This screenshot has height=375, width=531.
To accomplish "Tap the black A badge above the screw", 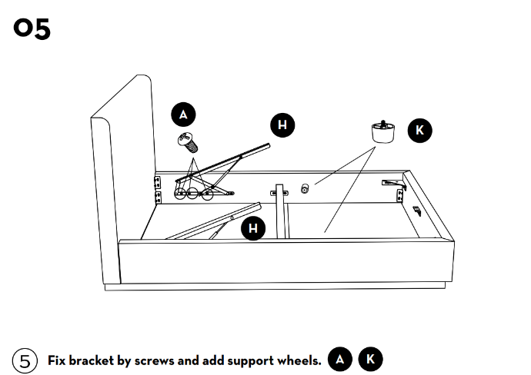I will (x=182, y=114).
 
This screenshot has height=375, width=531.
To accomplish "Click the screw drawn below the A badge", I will (x=187, y=141).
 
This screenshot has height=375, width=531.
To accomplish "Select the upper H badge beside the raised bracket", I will (x=282, y=124).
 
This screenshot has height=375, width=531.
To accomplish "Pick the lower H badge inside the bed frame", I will (x=252, y=227).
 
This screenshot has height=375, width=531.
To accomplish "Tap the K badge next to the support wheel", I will (x=419, y=130).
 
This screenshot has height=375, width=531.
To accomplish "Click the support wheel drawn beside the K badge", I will (x=382, y=131).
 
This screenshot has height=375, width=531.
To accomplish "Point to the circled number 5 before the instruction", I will (x=25, y=360).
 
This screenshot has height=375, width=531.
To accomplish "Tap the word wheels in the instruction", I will (x=299, y=360).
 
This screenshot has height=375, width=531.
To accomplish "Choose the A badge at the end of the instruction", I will (x=340, y=359).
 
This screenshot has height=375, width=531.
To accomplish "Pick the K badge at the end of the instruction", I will (x=370, y=359).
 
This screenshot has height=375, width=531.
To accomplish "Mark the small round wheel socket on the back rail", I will (x=305, y=188).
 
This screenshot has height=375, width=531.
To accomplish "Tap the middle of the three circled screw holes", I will (x=192, y=194).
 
